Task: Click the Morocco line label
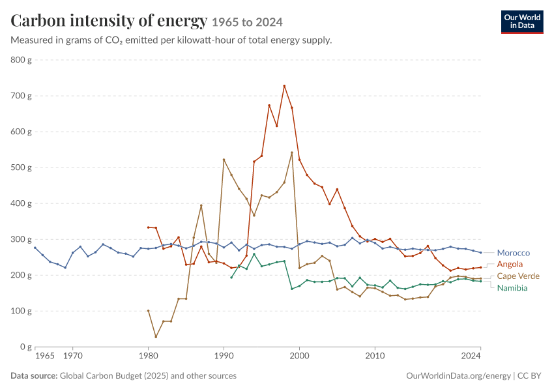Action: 513,253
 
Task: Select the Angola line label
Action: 510,264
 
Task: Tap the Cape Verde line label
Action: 518,276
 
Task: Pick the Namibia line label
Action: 512,288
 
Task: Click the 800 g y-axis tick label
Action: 22,60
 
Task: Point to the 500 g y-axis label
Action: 22,167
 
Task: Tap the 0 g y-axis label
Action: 26,347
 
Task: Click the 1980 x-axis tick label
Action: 148,356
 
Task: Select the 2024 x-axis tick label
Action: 471,356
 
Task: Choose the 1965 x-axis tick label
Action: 45,356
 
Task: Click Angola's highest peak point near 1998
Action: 284,86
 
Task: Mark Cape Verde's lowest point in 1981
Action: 156,337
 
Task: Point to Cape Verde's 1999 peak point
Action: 292,152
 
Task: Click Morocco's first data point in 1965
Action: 35,248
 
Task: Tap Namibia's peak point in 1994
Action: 254,254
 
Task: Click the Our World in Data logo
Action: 522,22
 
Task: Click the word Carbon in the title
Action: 38,20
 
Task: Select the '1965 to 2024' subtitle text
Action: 247,22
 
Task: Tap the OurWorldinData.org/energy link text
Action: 458,375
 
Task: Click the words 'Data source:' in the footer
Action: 34,375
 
